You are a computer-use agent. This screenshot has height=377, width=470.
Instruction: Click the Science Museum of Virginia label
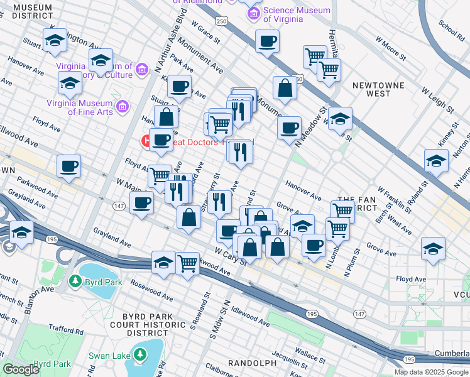tap(297, 14)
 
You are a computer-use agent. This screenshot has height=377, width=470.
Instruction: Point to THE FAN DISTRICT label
tap(357, 203)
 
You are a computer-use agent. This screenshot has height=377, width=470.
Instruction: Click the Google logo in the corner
tap(21, 369)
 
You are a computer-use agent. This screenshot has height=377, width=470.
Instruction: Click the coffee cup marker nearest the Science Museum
tap(267, 41)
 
